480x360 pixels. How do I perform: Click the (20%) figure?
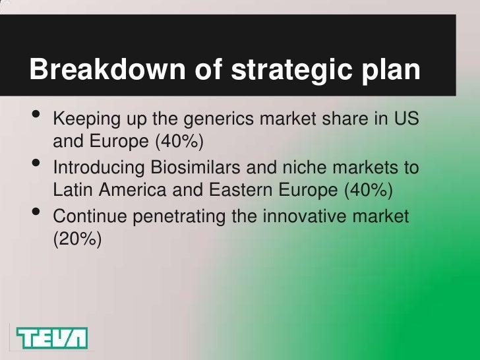point(77,240)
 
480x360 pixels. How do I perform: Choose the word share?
point(346,120)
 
